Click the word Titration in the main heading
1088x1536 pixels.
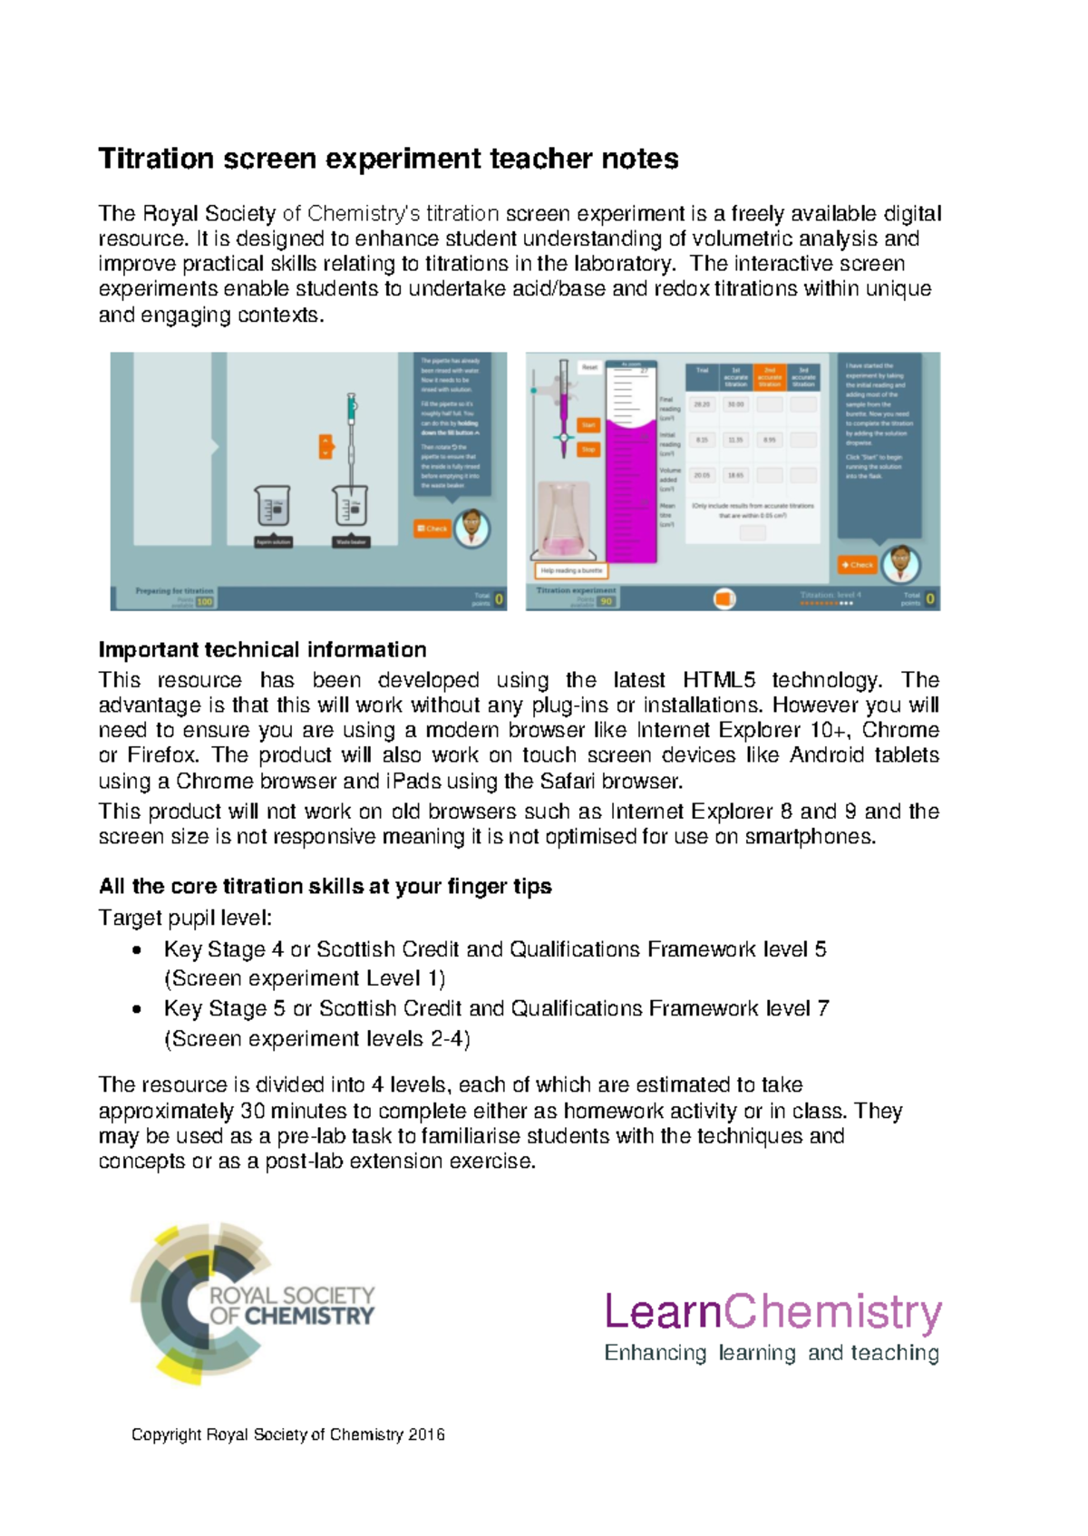155,160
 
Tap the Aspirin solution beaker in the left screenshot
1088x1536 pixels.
273,508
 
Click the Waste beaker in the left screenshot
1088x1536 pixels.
350,508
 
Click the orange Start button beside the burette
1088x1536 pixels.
588,424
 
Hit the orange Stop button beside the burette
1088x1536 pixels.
588,450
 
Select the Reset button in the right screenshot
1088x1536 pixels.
589,367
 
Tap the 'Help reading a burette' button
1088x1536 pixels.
571,570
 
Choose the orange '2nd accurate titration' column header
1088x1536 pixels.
769,376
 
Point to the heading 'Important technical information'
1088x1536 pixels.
262,650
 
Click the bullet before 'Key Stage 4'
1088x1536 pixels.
136,951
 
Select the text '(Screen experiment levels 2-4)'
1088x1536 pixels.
316,1039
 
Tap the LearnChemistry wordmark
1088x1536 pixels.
772,1312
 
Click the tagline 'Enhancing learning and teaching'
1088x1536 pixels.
772,1354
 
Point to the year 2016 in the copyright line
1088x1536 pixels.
426,1434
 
